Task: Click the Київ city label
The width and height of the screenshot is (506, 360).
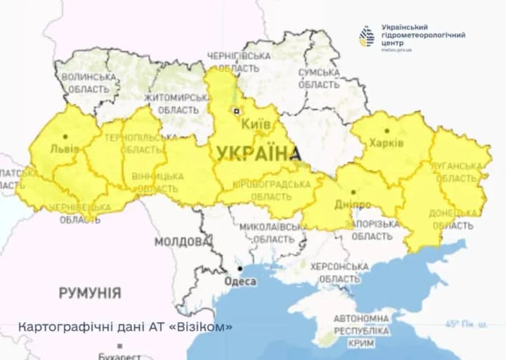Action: [x=256, y=124]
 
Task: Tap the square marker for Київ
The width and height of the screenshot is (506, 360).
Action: [x=238, y=110]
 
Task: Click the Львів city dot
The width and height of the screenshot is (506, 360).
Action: [x=65, y=137]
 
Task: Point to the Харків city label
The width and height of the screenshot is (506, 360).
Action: [x=387, y=143]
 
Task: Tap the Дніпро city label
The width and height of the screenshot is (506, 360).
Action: [x=353, y=204]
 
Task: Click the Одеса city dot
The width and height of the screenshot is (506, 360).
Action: [x=240, y=269]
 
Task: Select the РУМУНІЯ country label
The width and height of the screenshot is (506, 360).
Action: [x=89, y=292]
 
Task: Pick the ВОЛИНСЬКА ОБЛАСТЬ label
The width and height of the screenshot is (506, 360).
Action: [x=89, y=83]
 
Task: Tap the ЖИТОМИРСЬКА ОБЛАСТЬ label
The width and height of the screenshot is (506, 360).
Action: [x=176, y=103]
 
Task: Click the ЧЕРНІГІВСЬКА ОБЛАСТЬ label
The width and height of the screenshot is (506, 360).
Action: [x=239, y=62]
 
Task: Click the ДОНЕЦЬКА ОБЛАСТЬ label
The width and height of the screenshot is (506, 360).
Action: [x=453, y=218]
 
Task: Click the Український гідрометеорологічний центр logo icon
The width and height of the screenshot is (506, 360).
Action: [x=367, y=37]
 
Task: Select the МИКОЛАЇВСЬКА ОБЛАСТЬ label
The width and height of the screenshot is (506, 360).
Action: [x=273, y=233]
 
